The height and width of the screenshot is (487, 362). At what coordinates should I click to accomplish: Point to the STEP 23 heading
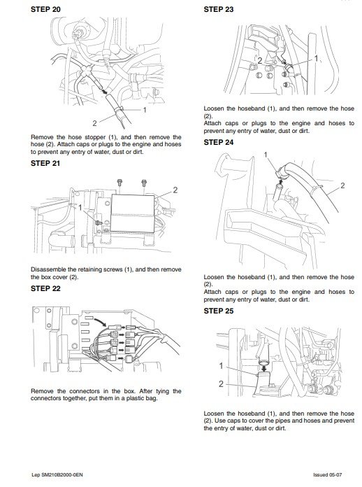(x=220, y=10)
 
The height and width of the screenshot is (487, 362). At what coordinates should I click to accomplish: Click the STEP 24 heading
(x=220, y=142)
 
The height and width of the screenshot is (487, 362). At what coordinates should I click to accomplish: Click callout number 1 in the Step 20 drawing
(x=145, y=109)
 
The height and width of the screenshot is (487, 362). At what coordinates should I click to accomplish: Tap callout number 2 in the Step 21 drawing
(x=175, y=190)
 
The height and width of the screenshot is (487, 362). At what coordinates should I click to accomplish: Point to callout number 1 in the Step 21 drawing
(x=82, y=208)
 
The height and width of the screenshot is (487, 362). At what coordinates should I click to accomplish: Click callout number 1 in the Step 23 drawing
(x=316, y=59)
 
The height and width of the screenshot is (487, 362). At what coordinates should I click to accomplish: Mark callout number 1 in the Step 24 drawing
(x=266, y=154)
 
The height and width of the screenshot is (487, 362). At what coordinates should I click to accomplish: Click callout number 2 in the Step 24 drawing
(x=342, y=186)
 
